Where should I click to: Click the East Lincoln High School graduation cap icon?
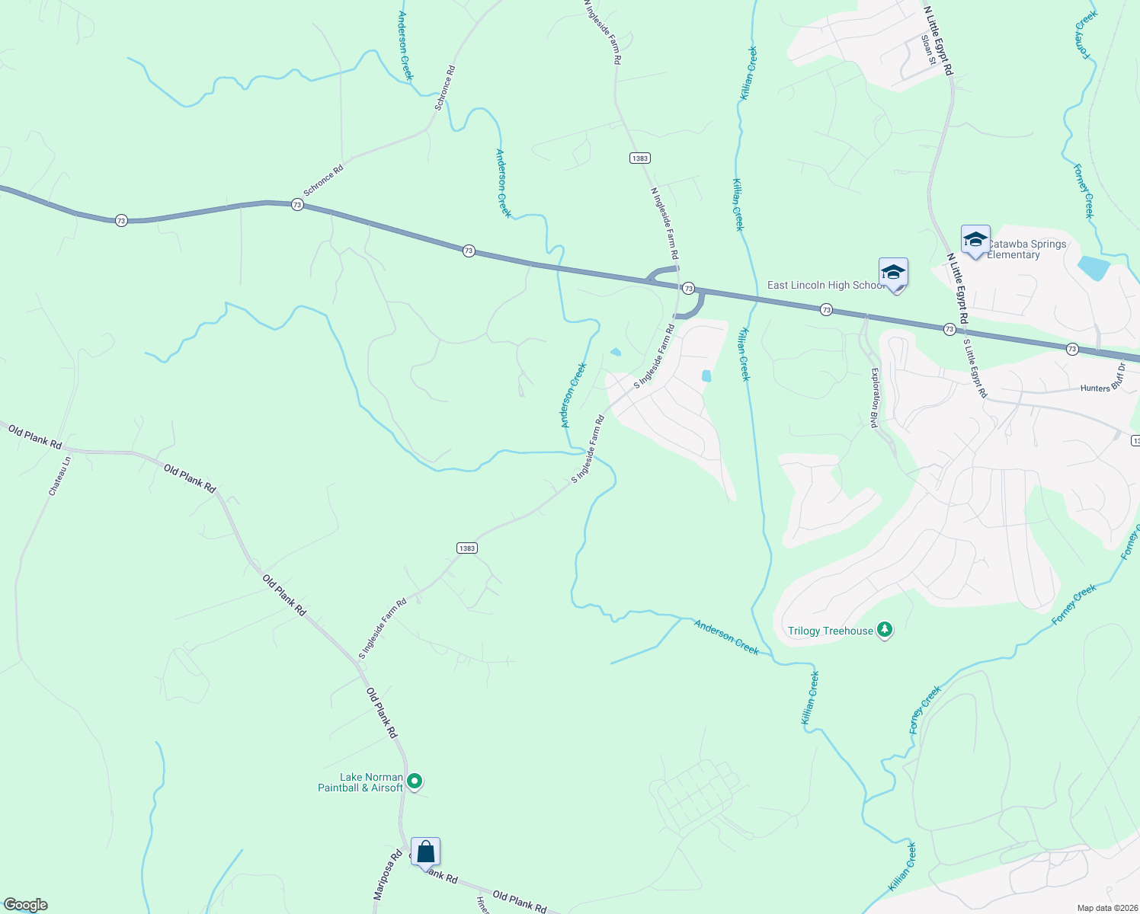pos(893,273)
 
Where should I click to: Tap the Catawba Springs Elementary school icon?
pos(975,240)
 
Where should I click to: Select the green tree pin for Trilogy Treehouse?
pos(885,630)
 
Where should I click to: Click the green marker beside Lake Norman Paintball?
pos(415,781)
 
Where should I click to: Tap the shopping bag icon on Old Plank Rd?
pos(425,852)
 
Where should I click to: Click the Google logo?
pos(25,905)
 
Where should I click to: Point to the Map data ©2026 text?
pos(1106,908)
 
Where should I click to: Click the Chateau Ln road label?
pos(59,476)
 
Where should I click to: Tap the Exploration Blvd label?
pos(876,398)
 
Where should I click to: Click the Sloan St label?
pos(927,49)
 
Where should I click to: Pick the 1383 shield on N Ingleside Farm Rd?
pos(639,158)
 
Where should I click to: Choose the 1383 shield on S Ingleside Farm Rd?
pos(467,548)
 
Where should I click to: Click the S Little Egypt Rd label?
pos(975,369)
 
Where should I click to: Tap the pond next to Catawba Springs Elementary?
pos(1094,268)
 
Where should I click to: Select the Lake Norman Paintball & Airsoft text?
pos(360,782)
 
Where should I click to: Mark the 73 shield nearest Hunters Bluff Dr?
pos(1072,349)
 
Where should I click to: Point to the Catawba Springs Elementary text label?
pos(1026,249)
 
